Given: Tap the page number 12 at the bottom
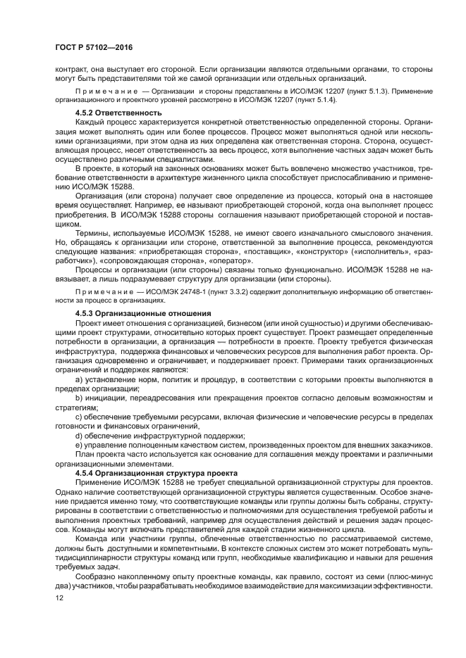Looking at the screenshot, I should (x=59, y=597).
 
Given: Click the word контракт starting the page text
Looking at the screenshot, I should (x=71, y=69).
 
